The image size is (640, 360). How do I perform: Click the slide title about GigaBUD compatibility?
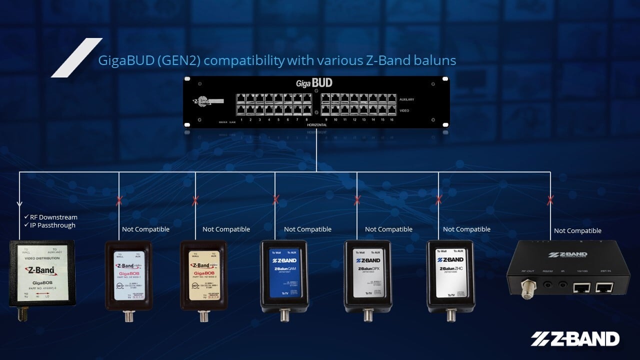point(277,61)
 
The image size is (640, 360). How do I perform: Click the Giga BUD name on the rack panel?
point(314,83)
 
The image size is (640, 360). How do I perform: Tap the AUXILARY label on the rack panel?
point(406,99)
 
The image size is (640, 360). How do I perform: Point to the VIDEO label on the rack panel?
point(404,110)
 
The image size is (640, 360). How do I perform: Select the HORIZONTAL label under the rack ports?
point(317,124)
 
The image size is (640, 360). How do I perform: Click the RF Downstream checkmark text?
point(51,217)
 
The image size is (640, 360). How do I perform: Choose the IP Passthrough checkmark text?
point(50,225)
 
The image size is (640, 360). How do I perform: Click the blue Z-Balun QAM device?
point(284,276)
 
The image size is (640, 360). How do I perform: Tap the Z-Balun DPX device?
point(367,276)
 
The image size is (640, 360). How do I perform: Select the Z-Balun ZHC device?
point(450,276)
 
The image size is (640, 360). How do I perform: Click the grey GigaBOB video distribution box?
point(42,272)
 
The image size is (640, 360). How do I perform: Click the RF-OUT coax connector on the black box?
point(526,289)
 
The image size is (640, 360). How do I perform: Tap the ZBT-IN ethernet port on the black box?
point(604,287)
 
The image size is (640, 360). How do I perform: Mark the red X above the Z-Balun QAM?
point(275,200)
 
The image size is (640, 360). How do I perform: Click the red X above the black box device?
point(550,200)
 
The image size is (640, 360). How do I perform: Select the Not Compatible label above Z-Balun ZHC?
point(466,229)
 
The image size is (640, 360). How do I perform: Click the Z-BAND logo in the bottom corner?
point(575,339)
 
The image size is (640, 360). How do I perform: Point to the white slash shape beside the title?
point(76,57)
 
